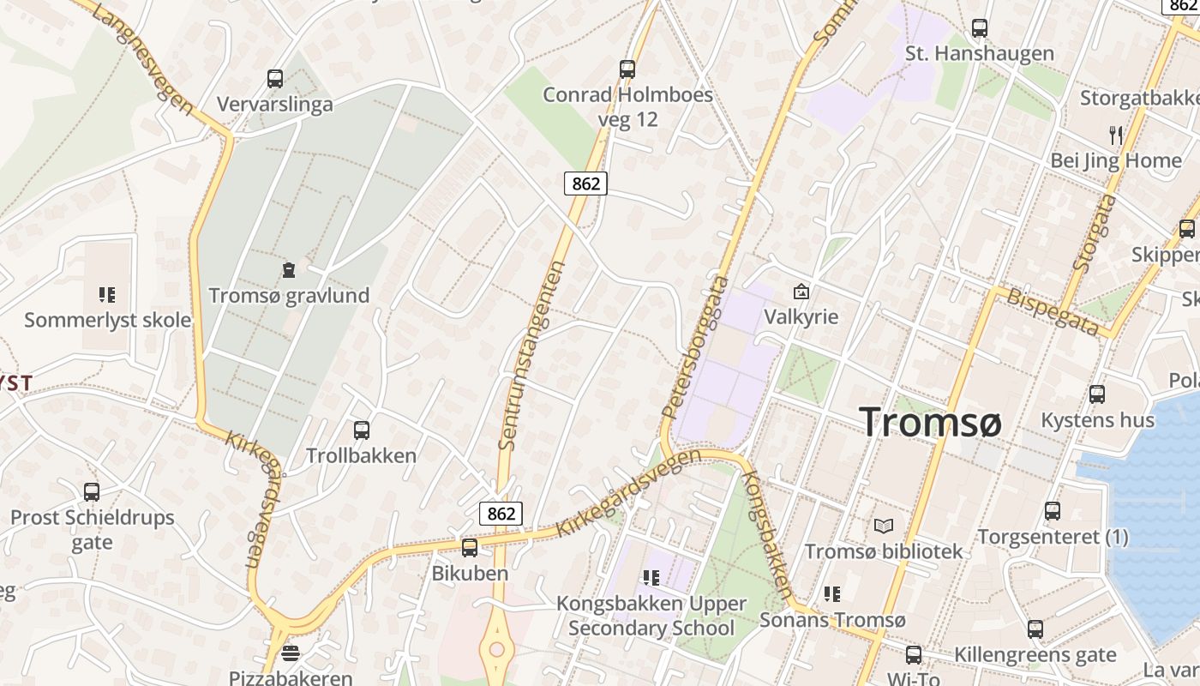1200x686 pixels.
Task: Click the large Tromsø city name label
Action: pyautogui.click(x=930, y=423)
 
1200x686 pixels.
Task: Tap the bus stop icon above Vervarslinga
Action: pyautogui.click(x=275, y=79)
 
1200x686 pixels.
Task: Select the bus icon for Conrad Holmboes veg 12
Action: pyautogui.click(x=627, y=69)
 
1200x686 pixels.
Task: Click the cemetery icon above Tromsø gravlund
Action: pyautogui.click(x=289, y=271)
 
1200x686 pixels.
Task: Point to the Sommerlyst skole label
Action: pyautogui.click(x=108, y=321)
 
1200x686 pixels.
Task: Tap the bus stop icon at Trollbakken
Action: pyautogui.click(x=362, y=430)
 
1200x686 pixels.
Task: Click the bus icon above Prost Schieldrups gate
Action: pyautogui.click(x=92, y=492)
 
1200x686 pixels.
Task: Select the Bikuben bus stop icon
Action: pyautogui.click(x=469, y=548)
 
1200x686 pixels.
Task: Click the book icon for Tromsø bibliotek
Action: pyautogui.click(x=884, y=526)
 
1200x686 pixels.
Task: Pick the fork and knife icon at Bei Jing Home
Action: pyautogui.click(x=1115, y=135)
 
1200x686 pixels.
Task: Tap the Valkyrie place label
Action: pyautogui.click(x=801, y=316)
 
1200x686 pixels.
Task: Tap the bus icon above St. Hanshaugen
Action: pyautogui.click(x=980, y=28)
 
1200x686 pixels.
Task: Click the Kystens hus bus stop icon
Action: pyautogui.click(x=1097, y=394)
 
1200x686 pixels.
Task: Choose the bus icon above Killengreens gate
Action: pyautogui.click(x=1035, y=629)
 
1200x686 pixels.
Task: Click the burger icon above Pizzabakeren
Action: pyautogui.click(x=291, y=653)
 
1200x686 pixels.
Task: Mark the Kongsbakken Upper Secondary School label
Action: pyautogui.click(x=651, y=616)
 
